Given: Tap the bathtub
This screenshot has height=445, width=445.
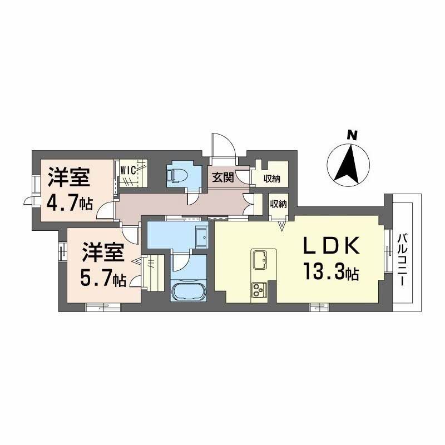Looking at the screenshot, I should (189, 290).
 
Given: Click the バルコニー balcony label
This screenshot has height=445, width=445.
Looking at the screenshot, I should (401, 259).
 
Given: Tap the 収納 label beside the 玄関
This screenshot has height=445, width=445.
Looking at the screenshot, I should (272, 179).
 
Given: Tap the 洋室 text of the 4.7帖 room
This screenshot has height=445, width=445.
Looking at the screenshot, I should (68, 177).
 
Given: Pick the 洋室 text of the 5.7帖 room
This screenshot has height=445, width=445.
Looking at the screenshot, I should (102, 253).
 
